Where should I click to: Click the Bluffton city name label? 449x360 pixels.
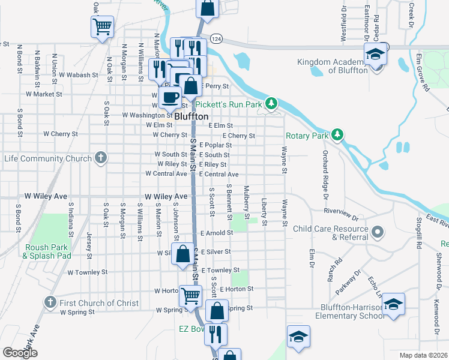point(191,116)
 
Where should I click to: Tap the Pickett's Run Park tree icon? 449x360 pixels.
point(272,104)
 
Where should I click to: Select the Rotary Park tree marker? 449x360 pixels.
point(338,135)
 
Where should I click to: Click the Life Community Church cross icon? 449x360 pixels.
point(101,158)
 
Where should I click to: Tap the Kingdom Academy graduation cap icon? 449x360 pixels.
point(375,55)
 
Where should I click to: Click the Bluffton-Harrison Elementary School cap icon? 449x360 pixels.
point(394,304)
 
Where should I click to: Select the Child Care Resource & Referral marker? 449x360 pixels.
point(378,232)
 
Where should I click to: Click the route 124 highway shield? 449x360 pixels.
point(217,38)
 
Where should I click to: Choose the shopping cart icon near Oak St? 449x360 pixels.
point(102,26)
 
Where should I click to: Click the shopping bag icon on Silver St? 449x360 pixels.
point(182,254)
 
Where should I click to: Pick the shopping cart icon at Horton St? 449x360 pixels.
point(190,295)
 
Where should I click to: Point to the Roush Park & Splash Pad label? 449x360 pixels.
point(47,251)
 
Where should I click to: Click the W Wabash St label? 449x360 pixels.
point(78,76)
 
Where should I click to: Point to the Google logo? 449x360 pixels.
point(20,353)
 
